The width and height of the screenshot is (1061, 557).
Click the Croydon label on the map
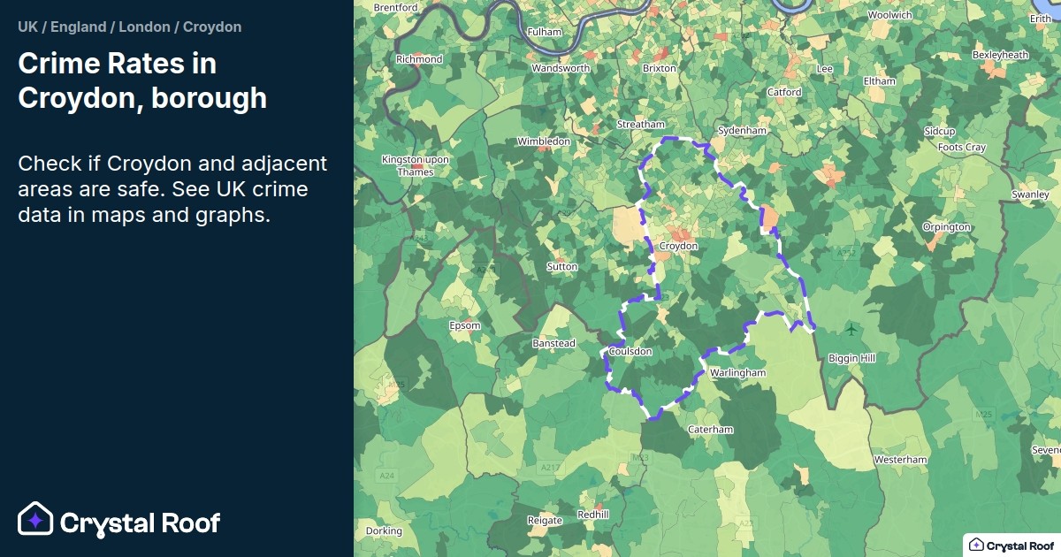(679, 246)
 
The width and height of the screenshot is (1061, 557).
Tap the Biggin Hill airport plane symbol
(851, 330)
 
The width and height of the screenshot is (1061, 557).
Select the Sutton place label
(562, 266)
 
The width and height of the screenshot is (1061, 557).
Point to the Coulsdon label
(630, 351)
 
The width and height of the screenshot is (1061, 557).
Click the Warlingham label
(737, 373)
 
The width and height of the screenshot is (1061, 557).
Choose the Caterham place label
(711, 430)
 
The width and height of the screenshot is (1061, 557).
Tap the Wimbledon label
(544, 141)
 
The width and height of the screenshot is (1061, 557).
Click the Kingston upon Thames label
(415, 165)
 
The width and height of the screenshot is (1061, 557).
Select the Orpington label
(946, 227)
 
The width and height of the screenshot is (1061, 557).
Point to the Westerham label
(900, 460)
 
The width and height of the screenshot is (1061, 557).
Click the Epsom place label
(465, 325)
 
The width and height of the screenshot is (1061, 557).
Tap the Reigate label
(545, 520)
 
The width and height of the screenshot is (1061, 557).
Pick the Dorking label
(384, 531)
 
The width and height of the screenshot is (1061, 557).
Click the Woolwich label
(889, 15)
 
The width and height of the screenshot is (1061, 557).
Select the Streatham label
(640, 125)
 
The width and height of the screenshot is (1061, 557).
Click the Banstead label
(553, 343)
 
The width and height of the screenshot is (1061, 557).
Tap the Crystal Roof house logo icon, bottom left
(35, 520)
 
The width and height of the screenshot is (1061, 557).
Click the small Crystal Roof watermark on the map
(1011, 545)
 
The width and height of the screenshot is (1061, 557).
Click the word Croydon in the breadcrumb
(212, 27)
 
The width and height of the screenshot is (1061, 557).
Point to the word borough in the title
(209, 97)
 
